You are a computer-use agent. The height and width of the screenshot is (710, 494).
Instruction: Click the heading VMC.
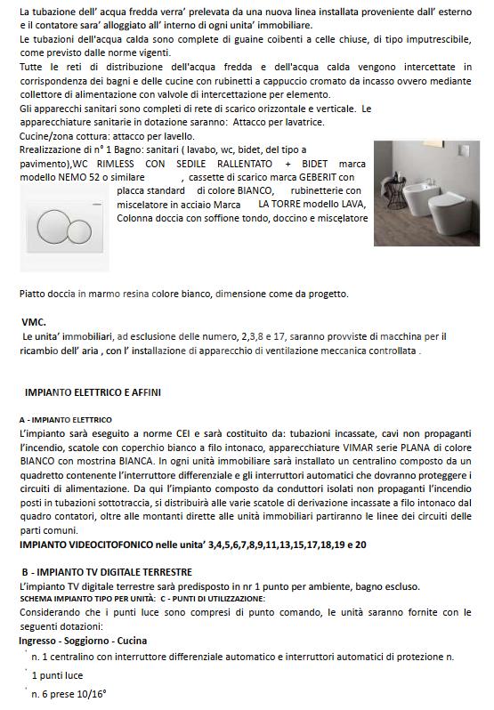tap(34, 322)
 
